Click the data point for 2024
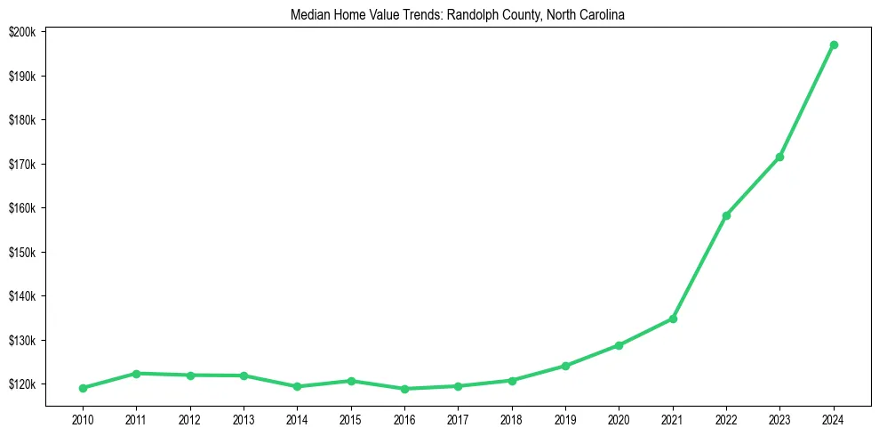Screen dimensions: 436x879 834,44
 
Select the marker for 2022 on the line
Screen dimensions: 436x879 726,215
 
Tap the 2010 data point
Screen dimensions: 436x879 83,388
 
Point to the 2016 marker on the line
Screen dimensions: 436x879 404,389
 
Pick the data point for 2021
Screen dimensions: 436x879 673,319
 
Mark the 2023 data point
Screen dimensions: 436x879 779,157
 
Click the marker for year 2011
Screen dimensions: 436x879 136,374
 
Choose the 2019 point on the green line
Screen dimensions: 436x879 565,366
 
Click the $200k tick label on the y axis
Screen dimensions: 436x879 21,32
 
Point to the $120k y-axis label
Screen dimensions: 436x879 21,384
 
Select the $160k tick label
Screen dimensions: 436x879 21,208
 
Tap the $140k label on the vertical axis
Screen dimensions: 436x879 21,296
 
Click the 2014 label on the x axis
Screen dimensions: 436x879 297,417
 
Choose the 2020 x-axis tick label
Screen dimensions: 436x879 619,417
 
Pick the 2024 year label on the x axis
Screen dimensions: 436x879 834,417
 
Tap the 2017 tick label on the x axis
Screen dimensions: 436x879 458,417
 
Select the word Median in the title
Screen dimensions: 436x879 308,15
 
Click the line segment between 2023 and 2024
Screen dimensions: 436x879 807,101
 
